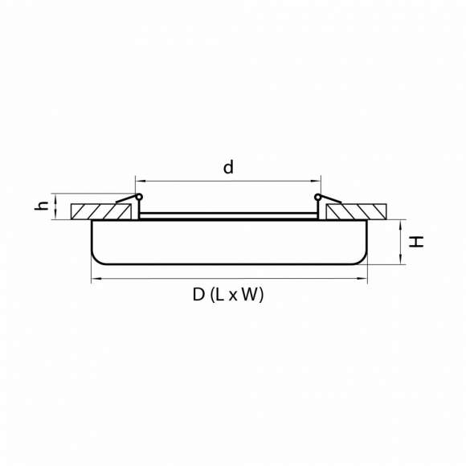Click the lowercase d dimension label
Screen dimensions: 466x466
click(x=228, y=167)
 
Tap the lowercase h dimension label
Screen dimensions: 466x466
click(x=41, y=206)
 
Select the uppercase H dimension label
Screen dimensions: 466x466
click(x=416, y=242)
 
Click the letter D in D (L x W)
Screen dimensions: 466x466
click(x=198, y=295)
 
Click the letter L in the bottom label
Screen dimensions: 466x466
click(x=219, y=295)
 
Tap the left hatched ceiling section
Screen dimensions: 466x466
click(x=100, y=211)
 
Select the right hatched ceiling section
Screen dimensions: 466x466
click(x=356, y=211)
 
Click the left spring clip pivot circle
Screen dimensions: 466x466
click(x=139, y=197)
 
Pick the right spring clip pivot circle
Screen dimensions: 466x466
click(x=317, y=197)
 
